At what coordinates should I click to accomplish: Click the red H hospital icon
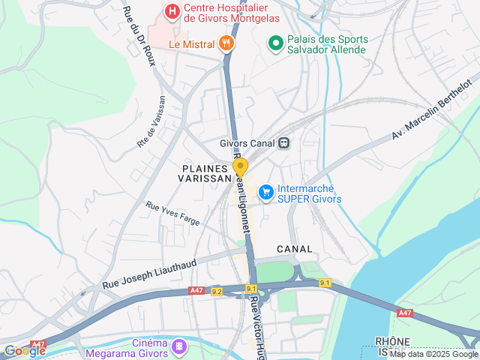click(172, 12)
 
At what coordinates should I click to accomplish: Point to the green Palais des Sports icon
click(275, 44)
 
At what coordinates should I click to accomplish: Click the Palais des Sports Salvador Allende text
click(328, 44)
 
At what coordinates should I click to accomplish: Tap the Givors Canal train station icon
click(283, 142)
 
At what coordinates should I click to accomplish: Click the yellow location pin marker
click(240, 167)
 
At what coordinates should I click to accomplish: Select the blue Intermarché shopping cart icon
click(265, 193)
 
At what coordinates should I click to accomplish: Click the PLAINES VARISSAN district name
click(205, 174)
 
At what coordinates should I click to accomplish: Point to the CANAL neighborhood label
click(294, 248)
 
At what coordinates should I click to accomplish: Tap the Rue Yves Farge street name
click(172, 214)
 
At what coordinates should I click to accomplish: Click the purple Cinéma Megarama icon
click(179, 346)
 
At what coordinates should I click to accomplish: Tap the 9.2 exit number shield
click(217, 291)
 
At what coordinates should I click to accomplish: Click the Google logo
click(25, 351)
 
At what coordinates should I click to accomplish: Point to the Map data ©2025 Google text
click(433, 355)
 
